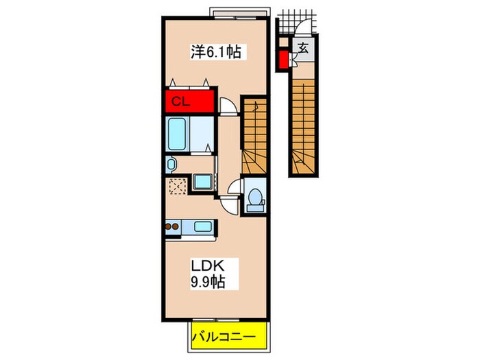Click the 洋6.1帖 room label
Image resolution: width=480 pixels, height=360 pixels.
coord(215,51)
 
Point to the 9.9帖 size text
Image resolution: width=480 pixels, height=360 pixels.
coord(205,281)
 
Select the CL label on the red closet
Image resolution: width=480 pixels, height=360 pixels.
coord(180,103)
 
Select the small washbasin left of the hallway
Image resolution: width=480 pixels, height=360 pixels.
coord(171,164)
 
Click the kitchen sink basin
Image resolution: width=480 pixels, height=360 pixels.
coord(203,227)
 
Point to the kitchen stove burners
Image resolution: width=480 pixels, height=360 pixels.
coord(173,227)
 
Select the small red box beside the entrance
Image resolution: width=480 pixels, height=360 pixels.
coord(283,60)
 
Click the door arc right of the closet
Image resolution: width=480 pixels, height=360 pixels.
coord(229,105)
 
